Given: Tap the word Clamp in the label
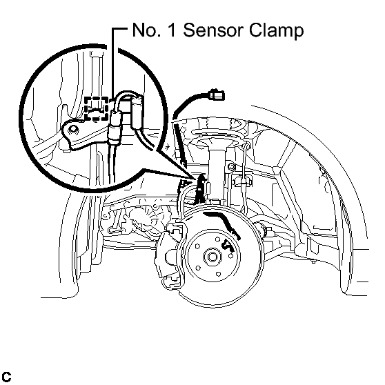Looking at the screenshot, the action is pyautogui.click(x=277, y=30).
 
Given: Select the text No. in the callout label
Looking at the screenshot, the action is pyautogui.click(x=147, y=30).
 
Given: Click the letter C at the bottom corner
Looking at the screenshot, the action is pyautogui.click(x=6, y=377).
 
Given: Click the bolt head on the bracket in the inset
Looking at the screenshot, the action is pyautogui.click(x=73, y=130).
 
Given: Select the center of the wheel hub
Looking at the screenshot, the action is pyautogui.click(x=212, y=257).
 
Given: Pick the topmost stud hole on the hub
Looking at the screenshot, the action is pyautogui.click(x=217, y=239).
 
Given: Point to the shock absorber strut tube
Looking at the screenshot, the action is pyautogui.click(x=217, y=172).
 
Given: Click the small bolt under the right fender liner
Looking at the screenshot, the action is pyautogui.click(x=313, y=261).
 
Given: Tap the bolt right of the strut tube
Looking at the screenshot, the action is pyautogui.click(x=232, y=167).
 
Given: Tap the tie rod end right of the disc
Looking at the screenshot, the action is pyautogui.click(x=265, y=230).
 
